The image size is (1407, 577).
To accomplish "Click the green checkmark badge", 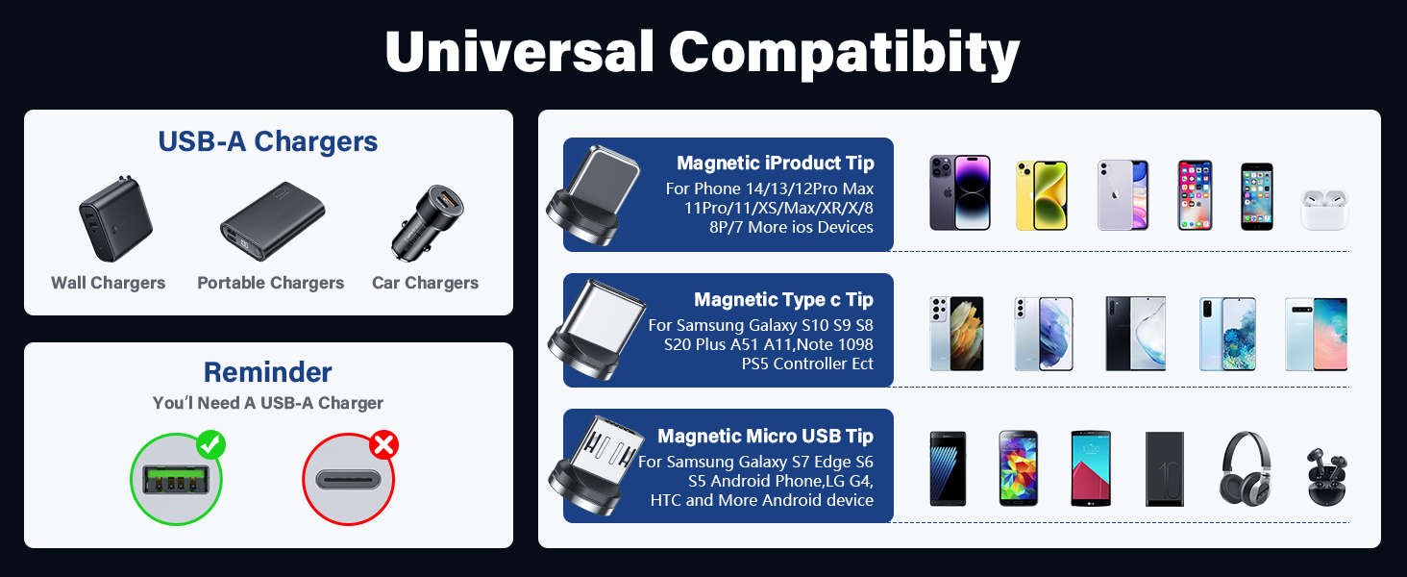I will [x=210, y=445].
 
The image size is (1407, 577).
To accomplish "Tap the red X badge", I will [x=384, y=445].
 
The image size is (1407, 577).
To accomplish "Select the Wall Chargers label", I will [x=108, y=283].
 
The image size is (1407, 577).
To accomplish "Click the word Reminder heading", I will [x=267, y=372].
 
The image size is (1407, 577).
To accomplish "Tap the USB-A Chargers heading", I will [x=267, y=141].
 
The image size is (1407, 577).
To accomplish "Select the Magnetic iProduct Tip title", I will [x=775, y=163].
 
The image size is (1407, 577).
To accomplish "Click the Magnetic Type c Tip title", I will [x=783, y=300].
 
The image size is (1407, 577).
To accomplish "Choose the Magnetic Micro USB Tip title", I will [x=765, y=437].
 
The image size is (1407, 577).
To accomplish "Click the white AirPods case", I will [x=1324, y=209].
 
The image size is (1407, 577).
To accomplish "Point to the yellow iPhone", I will [x=1042, y=195].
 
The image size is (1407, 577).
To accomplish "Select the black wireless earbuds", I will [x=1325, y=476].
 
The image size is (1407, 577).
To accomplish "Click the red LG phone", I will [x=1091, y=468].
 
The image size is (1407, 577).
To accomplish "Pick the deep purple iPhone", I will [x=959, y=193].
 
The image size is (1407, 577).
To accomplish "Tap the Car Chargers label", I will [x=425, y=283].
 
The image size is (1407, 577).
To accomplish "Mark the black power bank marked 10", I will [x=1165, y=468].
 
